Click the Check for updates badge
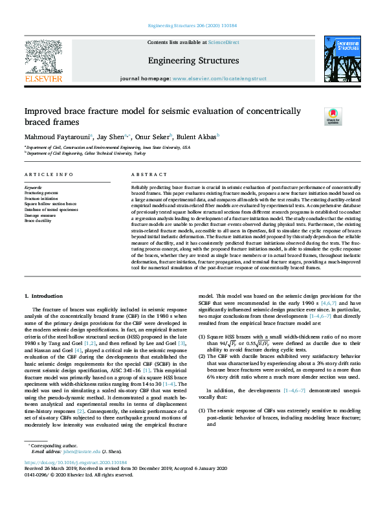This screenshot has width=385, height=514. (332, 116)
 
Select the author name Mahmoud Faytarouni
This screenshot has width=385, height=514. (58, 137)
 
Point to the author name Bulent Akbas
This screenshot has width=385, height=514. (198, 137)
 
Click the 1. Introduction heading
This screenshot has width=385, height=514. (43, 295)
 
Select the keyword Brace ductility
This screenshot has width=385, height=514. (39, 221)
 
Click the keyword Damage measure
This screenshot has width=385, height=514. (40, 215)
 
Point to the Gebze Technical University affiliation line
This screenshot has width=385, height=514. (91, 153)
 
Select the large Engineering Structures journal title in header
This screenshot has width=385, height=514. (193, 61)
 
